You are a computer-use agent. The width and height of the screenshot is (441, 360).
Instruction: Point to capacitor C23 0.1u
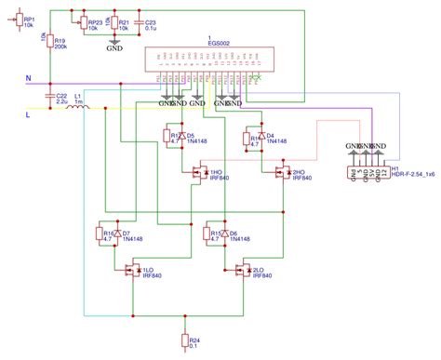tap(139, 23)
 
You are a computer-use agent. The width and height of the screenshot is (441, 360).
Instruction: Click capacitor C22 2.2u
tap(49, 97)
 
